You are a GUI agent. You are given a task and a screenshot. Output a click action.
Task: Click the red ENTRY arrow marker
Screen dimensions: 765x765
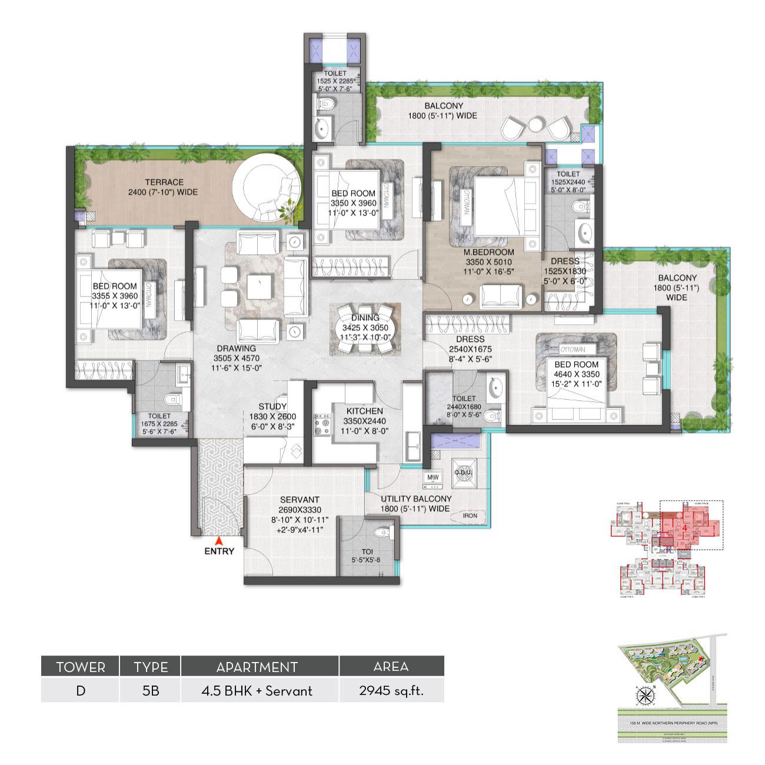[x=219, y=540]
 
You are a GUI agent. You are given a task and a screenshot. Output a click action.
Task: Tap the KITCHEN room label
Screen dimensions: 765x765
[x=364, y=411]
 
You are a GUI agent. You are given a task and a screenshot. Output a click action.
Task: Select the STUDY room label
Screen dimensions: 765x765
[x=272, y=407]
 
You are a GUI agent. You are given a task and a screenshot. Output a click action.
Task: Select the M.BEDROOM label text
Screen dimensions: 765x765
[x=481, y=252]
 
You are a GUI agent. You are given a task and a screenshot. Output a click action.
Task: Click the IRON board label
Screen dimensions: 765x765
[x=470, y=515]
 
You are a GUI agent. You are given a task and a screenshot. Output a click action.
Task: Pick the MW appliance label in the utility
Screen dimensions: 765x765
[x=433, y=477]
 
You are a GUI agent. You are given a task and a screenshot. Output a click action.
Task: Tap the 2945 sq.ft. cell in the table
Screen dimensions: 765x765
[x=391, y=690]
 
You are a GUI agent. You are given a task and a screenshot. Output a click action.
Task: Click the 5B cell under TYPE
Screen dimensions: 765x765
[x=150, y=690]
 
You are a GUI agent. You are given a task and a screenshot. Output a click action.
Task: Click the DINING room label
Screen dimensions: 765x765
[x=365, y=318]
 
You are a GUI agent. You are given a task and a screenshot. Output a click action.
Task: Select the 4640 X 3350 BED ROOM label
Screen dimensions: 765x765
[x=576, y=365]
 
